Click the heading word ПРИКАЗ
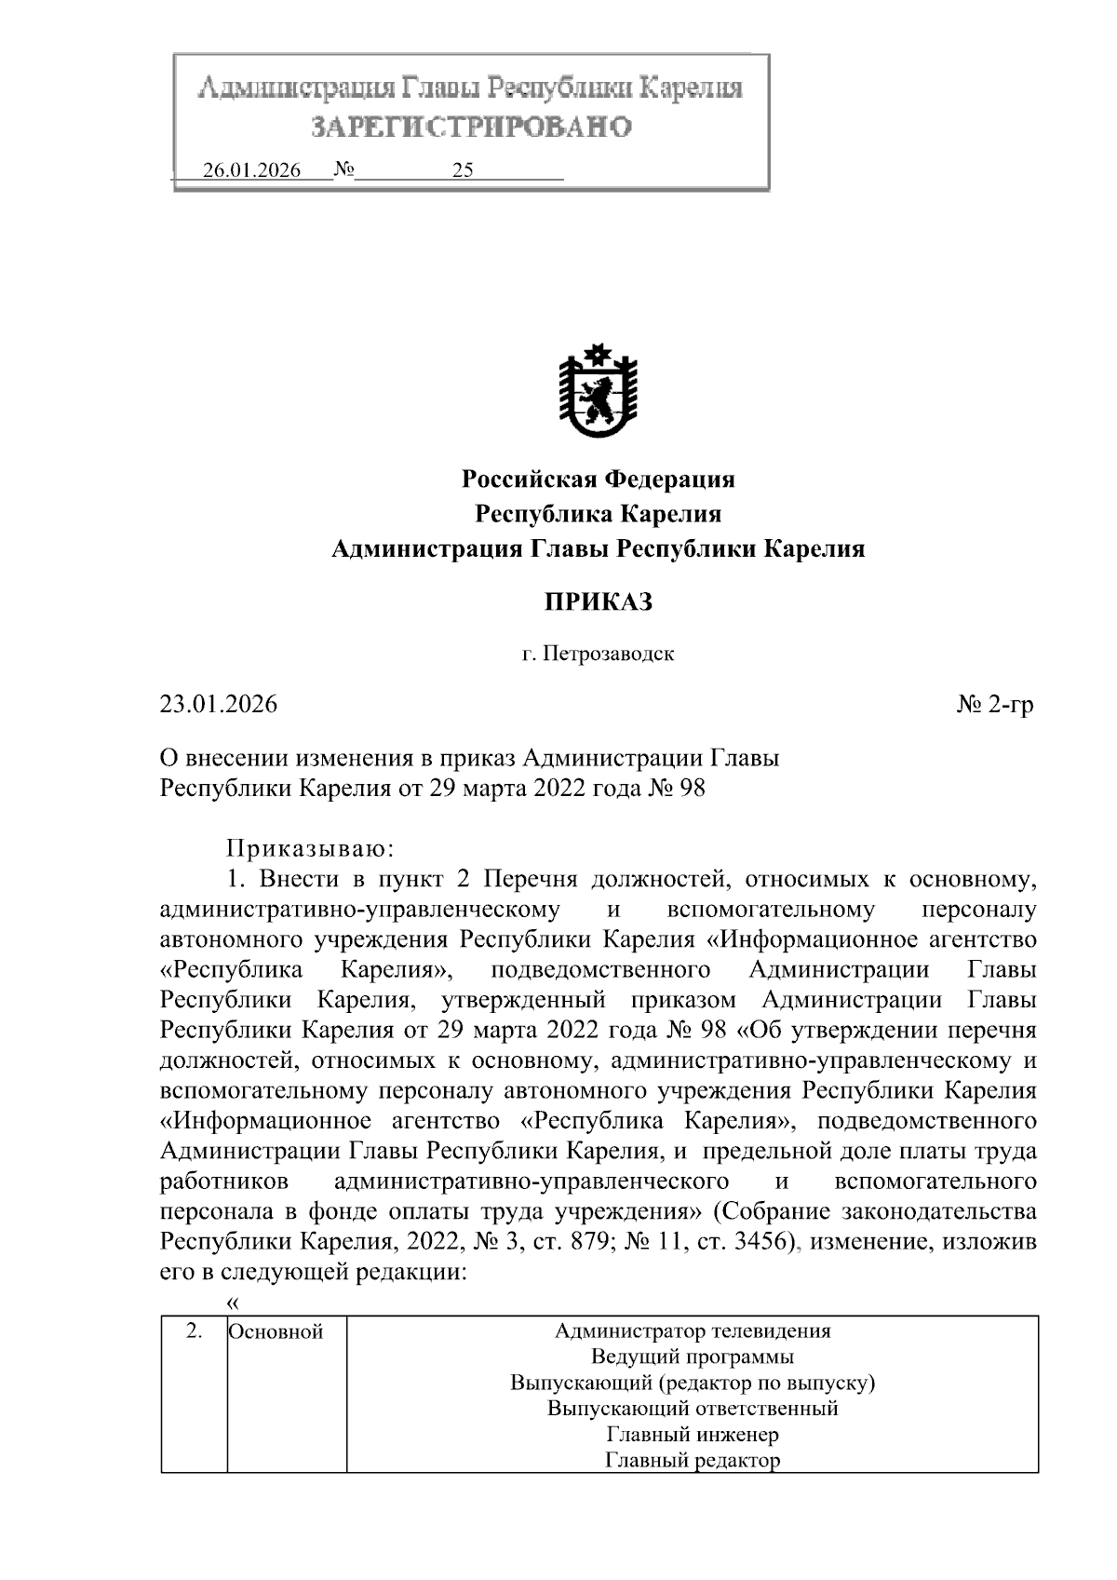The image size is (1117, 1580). click(x=599, y=602)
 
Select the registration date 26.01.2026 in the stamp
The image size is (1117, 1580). click(x=251, y=171)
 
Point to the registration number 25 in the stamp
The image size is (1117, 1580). click(x=463, y=171)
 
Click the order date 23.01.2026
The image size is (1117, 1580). click(x=219, y=704)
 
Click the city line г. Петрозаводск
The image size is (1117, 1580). click(x=598, y=654)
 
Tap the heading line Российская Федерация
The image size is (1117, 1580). click(x=599, y=479)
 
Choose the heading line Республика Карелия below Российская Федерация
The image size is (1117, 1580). click(x=599, y=514)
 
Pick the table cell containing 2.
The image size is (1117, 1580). click(x=194, y=1330)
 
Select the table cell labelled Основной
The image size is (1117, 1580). click(x=276, y=1331)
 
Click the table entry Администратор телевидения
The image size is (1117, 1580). click(x=693, y=1330)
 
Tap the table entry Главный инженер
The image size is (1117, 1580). click(x=693, y=1434)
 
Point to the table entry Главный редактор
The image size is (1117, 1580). click(x=693, y=1460)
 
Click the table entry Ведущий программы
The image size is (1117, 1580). click(x=693, y=1357)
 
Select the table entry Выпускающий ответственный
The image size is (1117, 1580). click(x=693, y=1408)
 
